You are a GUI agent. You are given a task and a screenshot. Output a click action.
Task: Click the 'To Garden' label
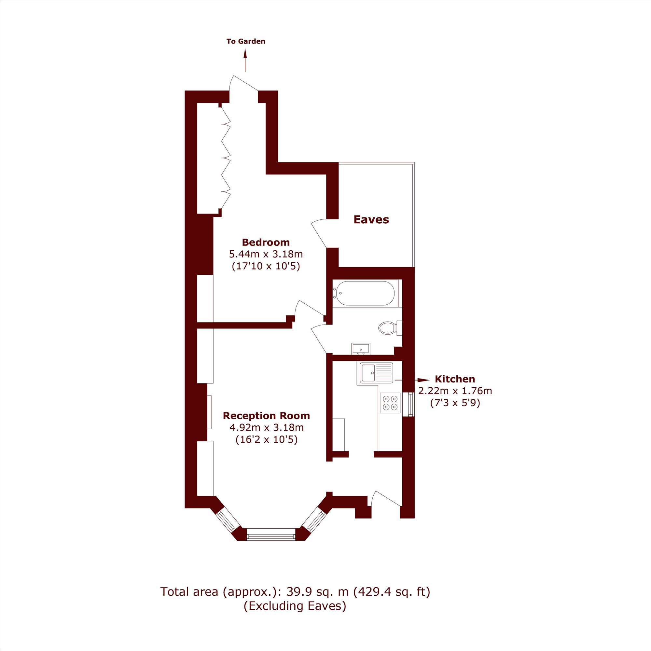point(246,41)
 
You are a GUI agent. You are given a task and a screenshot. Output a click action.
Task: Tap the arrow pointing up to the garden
point(245,61)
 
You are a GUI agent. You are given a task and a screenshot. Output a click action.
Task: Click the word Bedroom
point(266,242)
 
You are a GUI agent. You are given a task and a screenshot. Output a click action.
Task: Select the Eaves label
point(371,220)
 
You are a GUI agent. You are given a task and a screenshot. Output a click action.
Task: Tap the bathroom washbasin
point(361,349)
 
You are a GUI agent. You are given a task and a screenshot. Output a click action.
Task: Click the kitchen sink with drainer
point(376,373)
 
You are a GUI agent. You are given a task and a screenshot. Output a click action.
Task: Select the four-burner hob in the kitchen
point(390,403)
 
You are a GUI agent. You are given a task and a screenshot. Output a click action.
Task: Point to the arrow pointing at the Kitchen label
point(412,380)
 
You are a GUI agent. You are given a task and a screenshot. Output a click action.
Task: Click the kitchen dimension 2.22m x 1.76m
point(455,391)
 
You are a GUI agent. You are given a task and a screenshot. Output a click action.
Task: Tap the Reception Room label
point(266,416)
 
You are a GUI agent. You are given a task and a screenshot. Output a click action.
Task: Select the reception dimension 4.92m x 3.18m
point(267,428)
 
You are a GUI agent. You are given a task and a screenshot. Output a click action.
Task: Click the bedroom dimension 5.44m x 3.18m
point(266,254)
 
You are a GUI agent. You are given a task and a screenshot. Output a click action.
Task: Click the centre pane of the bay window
point(271,534)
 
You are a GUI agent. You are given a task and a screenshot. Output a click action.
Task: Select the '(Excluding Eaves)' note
point(295,606)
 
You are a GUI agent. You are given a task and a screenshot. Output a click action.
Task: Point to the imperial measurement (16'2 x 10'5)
point(267,439)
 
